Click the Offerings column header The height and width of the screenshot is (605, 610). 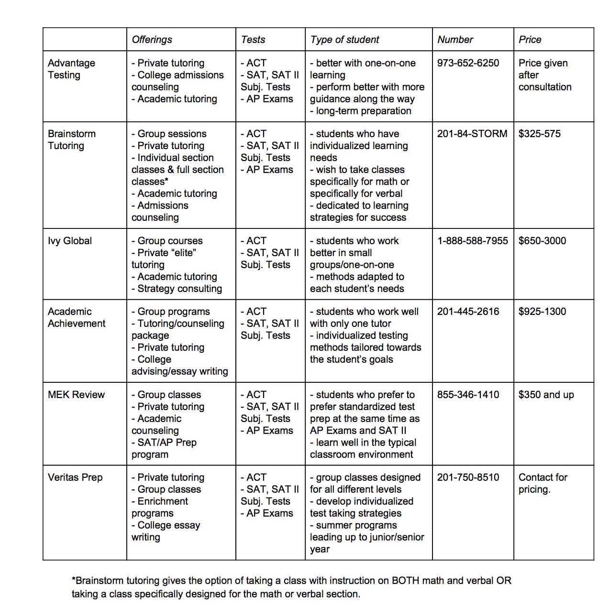coord(152,40)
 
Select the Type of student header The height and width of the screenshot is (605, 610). coord(344,40)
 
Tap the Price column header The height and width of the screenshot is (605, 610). coord(530,40)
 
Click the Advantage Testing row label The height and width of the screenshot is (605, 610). coord(71,69)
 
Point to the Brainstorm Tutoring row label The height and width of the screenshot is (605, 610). coord(72,140)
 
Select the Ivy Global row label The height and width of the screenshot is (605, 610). coord(70,241)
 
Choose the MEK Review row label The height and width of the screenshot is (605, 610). coord(76,395)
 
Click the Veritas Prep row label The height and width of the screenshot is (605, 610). coord(75,477)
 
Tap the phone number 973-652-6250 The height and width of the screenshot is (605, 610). coord(468,63)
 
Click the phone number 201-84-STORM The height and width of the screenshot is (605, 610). coord(472,134)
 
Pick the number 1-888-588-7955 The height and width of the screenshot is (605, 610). coord(473,241)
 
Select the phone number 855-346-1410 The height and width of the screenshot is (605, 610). coord(468,395)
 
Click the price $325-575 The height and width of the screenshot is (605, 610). coord(539,134)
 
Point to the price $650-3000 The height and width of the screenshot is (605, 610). coord(542,241)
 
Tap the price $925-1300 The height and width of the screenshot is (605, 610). coord(542,312)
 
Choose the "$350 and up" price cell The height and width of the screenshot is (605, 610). coord(546,395)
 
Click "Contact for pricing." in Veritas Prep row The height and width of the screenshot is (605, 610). coord(543,483)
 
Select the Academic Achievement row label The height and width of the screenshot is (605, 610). coord(77,317)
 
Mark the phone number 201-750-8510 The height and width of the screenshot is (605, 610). coord(468,477)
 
